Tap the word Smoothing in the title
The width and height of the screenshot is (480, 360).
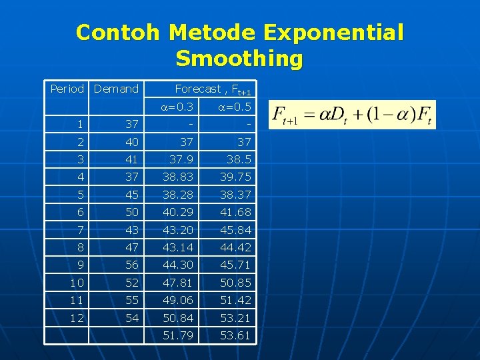[239, 59]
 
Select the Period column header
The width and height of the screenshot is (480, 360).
[67, 89]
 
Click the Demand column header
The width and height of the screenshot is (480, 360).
[116, 89]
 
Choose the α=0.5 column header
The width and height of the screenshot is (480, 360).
[234, 107]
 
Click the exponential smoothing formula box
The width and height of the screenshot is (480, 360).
[351, 115]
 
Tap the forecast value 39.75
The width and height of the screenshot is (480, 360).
[234, 176]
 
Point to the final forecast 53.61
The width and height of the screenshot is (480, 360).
[234, 335]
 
